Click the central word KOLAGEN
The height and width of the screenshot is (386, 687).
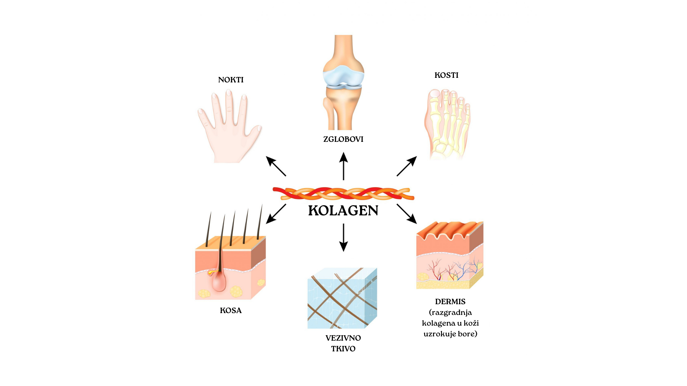pos(343,211)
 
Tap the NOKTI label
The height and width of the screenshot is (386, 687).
pos(231,80)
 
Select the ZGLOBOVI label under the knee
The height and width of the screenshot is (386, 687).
pos(343,139)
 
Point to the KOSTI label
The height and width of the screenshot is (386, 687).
pos(446,75)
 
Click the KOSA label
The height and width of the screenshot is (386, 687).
pos(231,311)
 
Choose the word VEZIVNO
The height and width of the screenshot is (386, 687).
pos(343,338)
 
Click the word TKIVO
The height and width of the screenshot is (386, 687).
pos(343,349)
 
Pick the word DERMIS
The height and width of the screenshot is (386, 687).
pos(450,302)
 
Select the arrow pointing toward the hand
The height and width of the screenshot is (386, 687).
pos(276,166)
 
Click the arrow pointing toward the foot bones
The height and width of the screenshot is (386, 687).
pos(407,166)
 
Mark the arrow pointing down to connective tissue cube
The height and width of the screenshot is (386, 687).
pos(343,237)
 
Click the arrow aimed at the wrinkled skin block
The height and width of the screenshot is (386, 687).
pos(407,214)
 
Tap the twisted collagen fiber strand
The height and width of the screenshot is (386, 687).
pos(343,194)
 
